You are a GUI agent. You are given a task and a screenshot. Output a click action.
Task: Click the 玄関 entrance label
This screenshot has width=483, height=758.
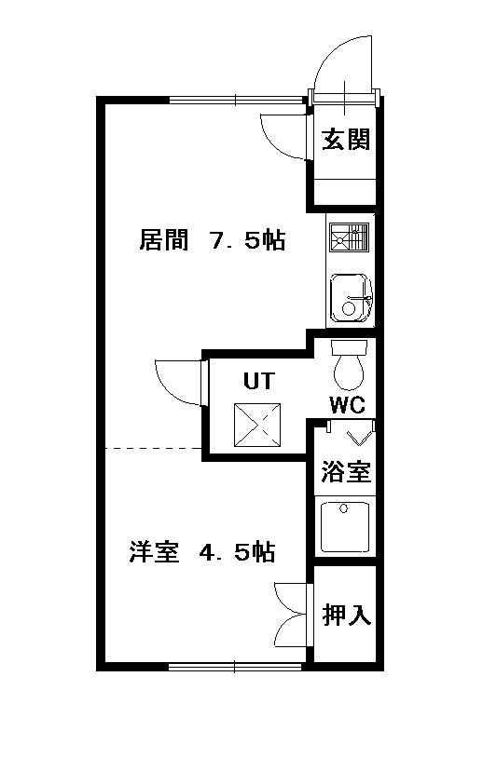coord(346,140)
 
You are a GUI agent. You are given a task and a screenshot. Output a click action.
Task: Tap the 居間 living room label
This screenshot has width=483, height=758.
coord(163,239)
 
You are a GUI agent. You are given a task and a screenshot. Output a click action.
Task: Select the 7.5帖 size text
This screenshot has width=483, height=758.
coord(247,239)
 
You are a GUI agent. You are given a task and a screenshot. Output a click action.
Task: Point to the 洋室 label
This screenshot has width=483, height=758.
coord(154,552)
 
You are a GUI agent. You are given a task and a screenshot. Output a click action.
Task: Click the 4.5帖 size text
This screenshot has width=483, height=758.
coord(237,552)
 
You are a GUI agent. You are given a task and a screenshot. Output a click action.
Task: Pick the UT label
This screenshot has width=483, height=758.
coord(259,381)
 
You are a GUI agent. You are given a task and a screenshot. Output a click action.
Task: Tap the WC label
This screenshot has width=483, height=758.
coord(348,405)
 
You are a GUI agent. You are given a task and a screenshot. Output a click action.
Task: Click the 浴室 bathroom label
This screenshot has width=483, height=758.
coord(346,471)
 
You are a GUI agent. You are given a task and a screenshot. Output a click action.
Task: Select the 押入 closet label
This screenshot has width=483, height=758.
coord(347,615)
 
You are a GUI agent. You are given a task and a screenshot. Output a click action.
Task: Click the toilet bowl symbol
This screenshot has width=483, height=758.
coord(349,365)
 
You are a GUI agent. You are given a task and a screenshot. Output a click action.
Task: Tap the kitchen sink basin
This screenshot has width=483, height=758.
coord(351,299)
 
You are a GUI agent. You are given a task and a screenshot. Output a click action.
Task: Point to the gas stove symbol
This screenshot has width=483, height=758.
coord(349,237)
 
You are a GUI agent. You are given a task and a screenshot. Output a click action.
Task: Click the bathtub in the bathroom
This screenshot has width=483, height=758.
coord(345,527)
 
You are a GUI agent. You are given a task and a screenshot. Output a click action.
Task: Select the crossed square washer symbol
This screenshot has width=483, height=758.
coord(257,426)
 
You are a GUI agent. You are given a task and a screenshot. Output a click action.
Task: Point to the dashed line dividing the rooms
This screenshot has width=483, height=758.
coord(154,449)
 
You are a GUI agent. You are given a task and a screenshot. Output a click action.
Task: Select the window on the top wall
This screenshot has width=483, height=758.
coord(236,100)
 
